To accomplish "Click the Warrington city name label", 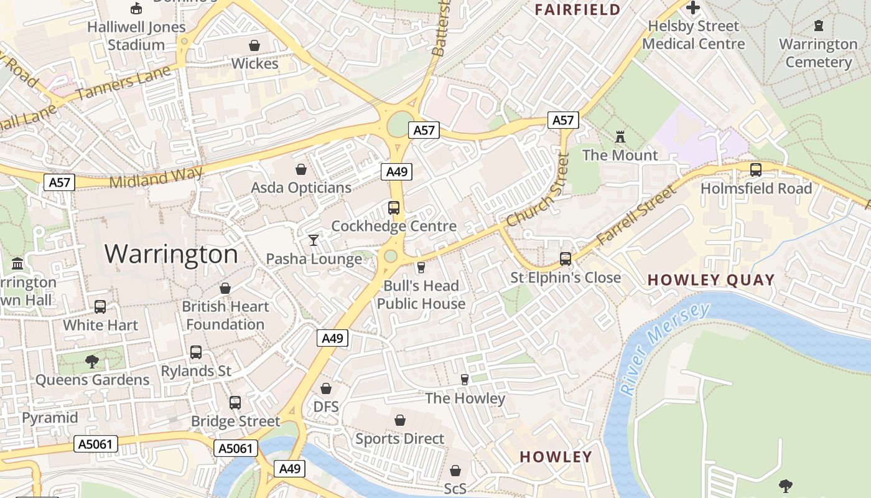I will click(x=171, y=254).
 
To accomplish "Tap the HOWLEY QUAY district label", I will click(x=711, y=280).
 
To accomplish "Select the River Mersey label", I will click(x=664, y=349).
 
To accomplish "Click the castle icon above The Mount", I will click(x=620, y=136).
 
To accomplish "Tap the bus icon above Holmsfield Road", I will click(x=756, y=169).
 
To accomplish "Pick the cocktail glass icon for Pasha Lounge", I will click(x=314, y=240).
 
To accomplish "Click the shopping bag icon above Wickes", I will click(x=254, y=45).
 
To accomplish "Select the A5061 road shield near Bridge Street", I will click(x=236, y=448).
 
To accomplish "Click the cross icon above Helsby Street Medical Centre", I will click(x=693, y=8).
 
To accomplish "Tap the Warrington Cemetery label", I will click(x=818, y=53).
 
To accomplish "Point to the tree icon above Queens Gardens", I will click(x=92, y=361).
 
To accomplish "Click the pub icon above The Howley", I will click(x=464, y=379).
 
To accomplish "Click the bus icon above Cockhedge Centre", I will click(x=394, y=207).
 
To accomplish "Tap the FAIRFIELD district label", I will click(x=577, y=9).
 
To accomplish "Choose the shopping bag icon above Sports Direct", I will click(x=400, y=420).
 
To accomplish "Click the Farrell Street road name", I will click(x=636, y=215).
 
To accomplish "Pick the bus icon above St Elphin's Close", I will click(x=566, y=258).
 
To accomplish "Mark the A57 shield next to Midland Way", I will click(x=60, y=182).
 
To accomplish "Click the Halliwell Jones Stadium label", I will click(x=136, y=35).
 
